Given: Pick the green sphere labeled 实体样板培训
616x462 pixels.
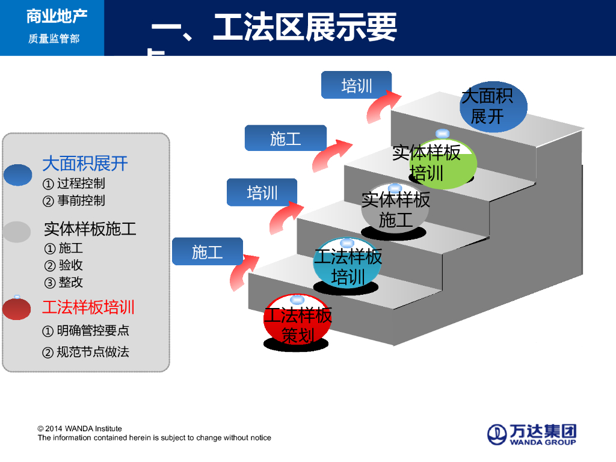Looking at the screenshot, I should (x=443, y=164).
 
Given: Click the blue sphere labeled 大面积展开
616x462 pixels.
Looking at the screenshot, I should (x=493, y=107).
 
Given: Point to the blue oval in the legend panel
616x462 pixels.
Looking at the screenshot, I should (x=18, y=174).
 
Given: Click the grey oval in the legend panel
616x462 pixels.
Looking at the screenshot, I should (x=17, y=232).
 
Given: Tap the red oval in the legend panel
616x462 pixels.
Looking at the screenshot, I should (x=17, y=309).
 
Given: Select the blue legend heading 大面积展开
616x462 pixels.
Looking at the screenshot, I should (x=85, y=164).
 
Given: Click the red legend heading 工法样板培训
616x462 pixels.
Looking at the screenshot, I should (x=88, y=307).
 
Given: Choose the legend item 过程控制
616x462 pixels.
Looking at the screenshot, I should (x=81, y=183).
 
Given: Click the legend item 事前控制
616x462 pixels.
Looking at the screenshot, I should (x=81, y=200).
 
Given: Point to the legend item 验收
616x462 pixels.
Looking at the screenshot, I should (x=70, y=265).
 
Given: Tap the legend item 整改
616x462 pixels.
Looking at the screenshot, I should (x=70, y=282).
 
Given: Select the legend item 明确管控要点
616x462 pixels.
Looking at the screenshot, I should (x=93, y=330).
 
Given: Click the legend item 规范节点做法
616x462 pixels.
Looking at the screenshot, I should (x=93, y=352).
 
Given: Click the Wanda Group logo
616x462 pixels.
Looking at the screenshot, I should (x=531, y=434).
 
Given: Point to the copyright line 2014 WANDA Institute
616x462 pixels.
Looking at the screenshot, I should (x=80, y=428).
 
